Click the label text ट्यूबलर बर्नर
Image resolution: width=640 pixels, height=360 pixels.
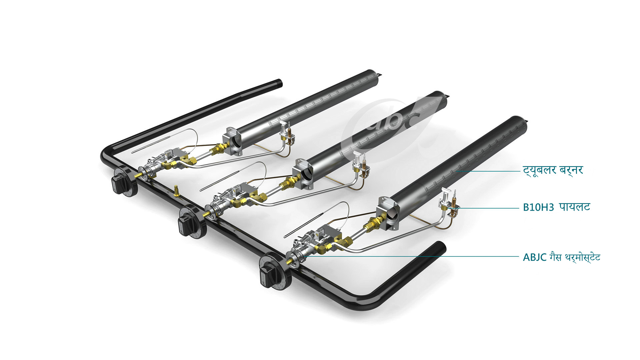click(x=553, y=170)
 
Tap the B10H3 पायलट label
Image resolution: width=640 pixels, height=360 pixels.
click(x=556, y=207)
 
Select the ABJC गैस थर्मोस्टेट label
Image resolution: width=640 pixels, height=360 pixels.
click(x=561, y=257)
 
